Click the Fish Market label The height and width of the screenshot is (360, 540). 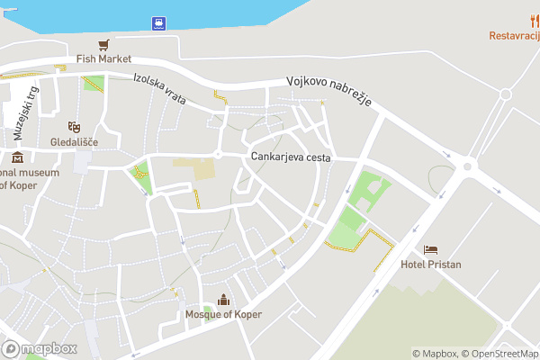(103, 58)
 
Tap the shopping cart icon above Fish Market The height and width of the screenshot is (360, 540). (104, 43)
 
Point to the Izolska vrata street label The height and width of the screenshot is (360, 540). (158, 89)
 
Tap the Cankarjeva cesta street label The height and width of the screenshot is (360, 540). (291, 157)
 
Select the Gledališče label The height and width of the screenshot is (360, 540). (74, 142)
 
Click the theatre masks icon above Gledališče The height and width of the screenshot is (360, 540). (74, 128)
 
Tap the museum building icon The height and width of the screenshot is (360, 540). (17, 157)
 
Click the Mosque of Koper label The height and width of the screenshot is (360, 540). (222, 314)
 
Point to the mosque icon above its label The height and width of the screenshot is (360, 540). (222, 300)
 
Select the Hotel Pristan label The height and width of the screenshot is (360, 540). (430, 264)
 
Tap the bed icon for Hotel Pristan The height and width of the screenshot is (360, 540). (430, 249)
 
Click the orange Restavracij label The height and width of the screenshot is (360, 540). (514, 36)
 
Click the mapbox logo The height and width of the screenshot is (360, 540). (40, 348)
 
